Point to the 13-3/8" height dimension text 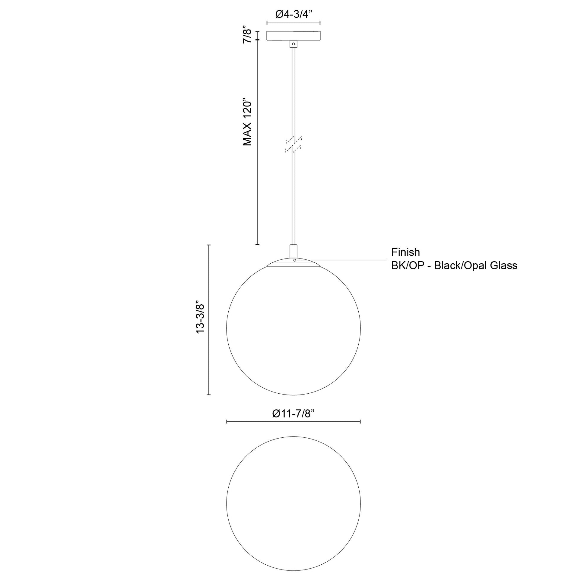201,318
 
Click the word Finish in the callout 405,252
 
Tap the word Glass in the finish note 504,265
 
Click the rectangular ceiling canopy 293,36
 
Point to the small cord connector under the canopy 293,44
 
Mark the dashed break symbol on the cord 293,144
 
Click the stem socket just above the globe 293,251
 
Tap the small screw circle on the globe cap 295,260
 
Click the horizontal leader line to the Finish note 343,260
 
